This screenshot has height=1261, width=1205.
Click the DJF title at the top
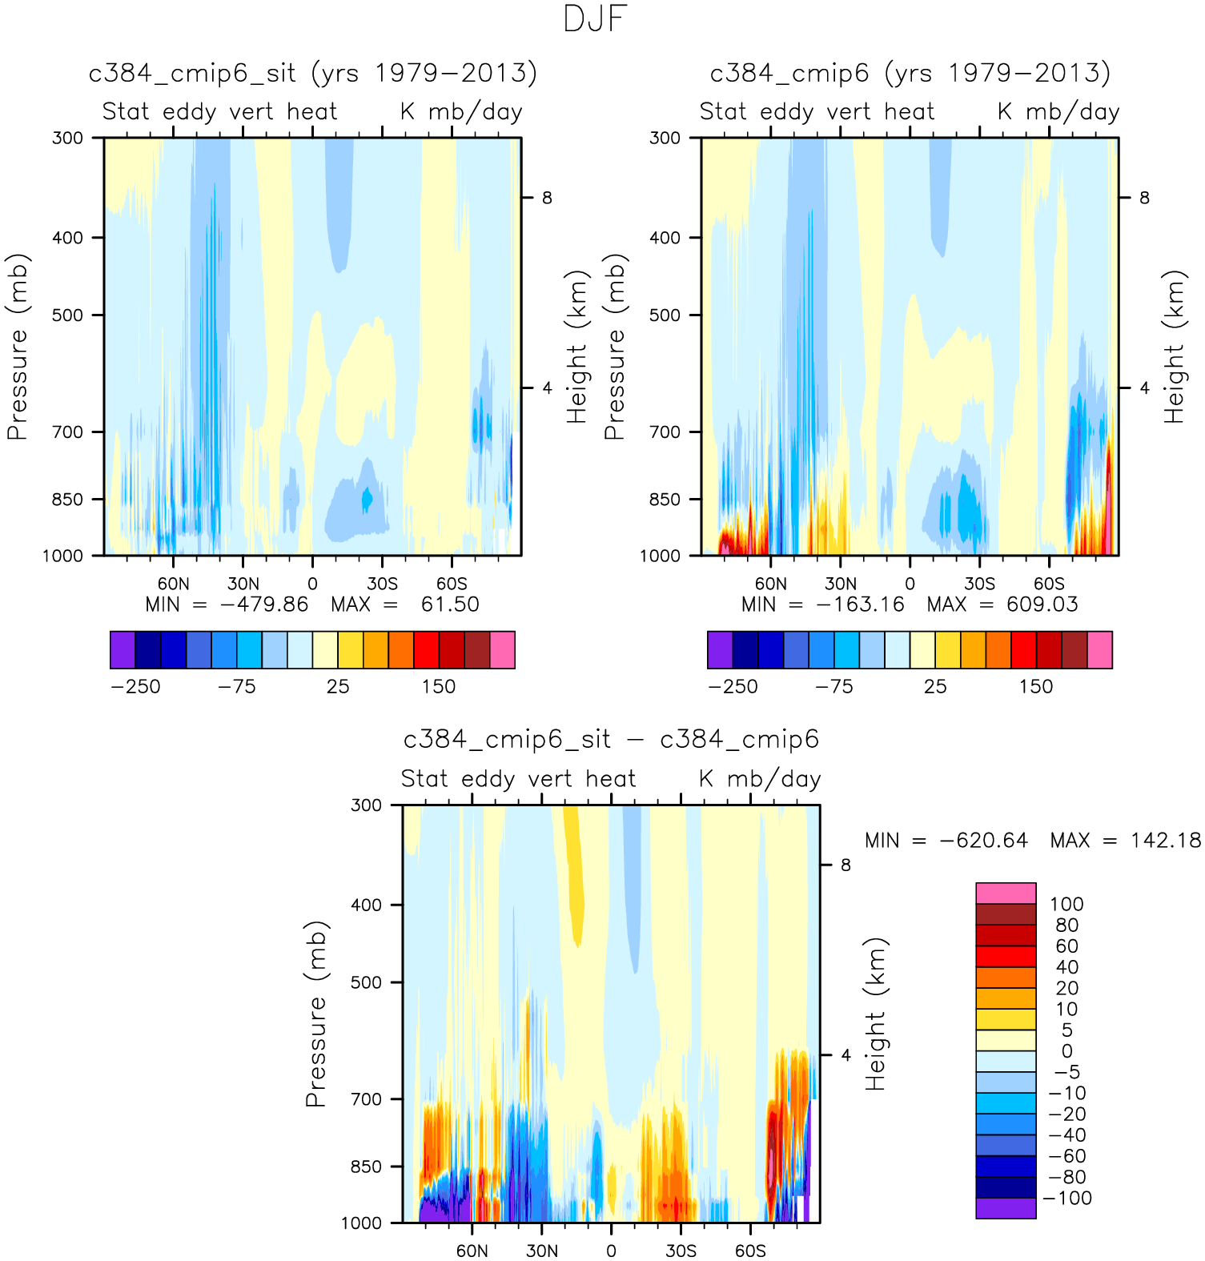click(594, 19)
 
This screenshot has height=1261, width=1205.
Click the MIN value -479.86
click(264, 604)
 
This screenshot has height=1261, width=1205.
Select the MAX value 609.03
click(1042, 604)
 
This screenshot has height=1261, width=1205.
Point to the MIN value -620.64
click(983, 840)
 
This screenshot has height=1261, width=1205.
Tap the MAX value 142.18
click(1166, 840)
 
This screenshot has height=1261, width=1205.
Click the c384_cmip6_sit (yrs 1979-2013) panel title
click(312, 74)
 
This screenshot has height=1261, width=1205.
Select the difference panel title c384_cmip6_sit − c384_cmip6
click(611, 740)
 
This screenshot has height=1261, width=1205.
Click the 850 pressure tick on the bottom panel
click(366, 1167)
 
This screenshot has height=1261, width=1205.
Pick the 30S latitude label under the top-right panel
click(979, 584)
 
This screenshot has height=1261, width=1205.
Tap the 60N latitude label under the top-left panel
click(173, 584)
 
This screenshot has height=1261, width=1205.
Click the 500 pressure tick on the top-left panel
click(67, 315)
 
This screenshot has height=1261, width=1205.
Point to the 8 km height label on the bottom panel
click(846, 865)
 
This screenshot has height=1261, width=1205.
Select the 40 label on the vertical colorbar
click(1066, 967)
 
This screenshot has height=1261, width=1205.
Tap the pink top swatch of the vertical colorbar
click(1006, 893)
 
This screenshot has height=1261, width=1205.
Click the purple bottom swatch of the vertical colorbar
click(1006, 1208)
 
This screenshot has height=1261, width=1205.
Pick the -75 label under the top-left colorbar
click(237, 687)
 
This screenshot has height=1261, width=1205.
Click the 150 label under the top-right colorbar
click(1036, 687)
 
